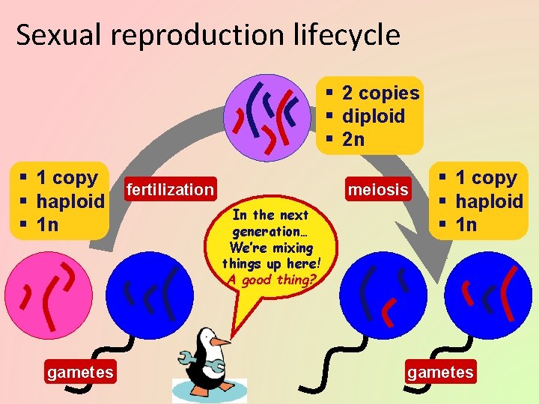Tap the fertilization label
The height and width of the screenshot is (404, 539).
pyautogui.click(x=171, y=189)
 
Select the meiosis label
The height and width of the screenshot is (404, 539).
pyautogui.click(x=379, y=190)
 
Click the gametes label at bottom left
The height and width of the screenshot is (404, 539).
pyautogui.click(x=80, y=372)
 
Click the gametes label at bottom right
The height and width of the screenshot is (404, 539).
pyautogui.click(x=440, y=372)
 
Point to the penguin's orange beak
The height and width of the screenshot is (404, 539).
pyautogui.click(x=221, y=341)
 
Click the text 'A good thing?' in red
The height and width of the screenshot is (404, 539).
pyautogui.click(x=272, y=280)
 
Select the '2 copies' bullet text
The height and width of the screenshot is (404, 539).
pyautogui.click(x=380, y=93)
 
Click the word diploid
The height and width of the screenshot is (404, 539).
pyautogui.click(x=373, y=116)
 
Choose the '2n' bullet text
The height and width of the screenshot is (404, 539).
pyautogui.click(x=353, y=139)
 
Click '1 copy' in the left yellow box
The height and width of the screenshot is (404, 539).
pyautogui.click(x=67, y=178)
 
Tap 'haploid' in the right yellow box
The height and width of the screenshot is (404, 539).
pyautogui.click(x=490, y=201)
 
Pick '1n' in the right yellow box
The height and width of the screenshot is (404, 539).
pyautogui.click(x=466, y=224)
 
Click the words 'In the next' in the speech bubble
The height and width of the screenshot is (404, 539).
pyautogui.click(x=271, y=215)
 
